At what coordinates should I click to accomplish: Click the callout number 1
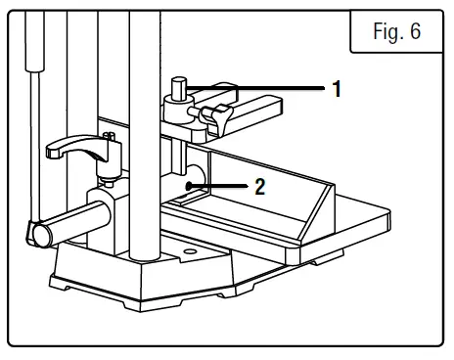click(x=337, y=89)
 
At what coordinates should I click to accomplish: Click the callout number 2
click(x=259, y=186)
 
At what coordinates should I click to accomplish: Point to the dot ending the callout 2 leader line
click(x=193, y=185)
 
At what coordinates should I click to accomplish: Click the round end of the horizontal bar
click(x=38, y=234)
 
